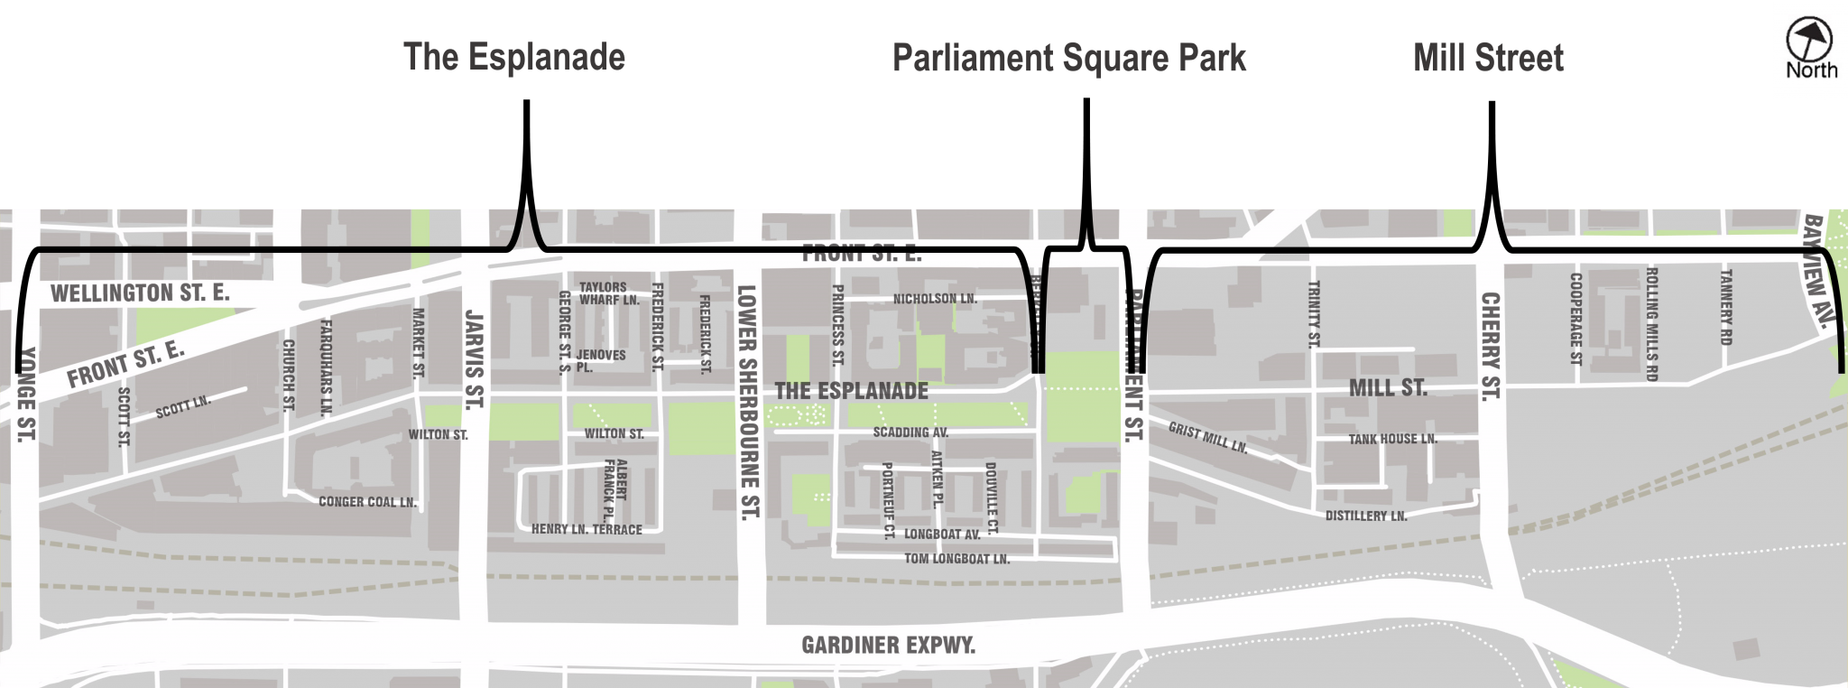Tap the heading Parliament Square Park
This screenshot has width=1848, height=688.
coord(1068,58)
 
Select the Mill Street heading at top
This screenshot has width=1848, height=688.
coord(1487,58)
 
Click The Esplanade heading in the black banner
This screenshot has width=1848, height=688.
coord(513,57)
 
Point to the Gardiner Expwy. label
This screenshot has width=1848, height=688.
coord(888,646)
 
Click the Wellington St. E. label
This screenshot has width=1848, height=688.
coord(140,293)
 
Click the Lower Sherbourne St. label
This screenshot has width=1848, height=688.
coord(748,403)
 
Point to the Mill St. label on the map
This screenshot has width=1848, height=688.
coord(1387,388)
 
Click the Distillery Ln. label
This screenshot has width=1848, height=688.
coord(1365,516)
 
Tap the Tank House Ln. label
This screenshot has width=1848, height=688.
coord(1392,439)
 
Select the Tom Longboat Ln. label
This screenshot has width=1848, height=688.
coord(956,559)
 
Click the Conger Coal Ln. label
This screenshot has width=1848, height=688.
coord(367,502)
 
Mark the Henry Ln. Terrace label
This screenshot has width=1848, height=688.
coord(587,529)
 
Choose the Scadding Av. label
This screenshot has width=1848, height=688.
coord(910,432)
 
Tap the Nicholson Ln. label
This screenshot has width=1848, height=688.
coord(935,298)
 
